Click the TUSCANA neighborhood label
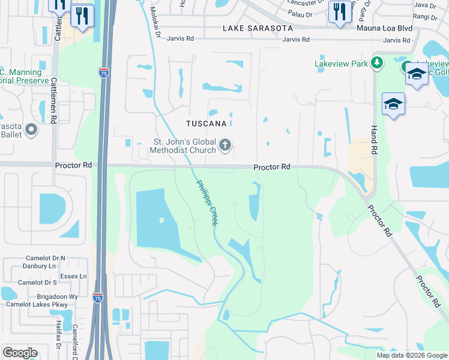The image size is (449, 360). [205, 124]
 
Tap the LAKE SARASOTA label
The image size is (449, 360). [258, 28]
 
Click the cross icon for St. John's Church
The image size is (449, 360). [225, 145]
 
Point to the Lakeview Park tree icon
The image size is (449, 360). [377, 62]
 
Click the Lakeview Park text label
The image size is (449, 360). [342, 63]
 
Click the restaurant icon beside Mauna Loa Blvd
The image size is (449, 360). [340, 11]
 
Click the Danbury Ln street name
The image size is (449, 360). [37, 265]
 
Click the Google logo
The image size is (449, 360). [20, 353]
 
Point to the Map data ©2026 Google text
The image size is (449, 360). [412, 355]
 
